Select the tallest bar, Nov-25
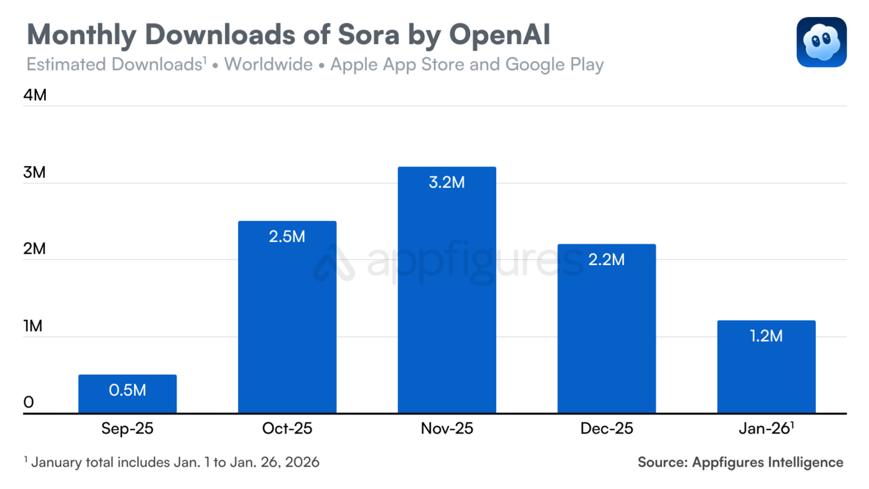click(x=447, y=290)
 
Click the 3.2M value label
click(x=447, y=182)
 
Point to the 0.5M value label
click(x=127, y=390)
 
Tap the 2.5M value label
click(x=287, y=237)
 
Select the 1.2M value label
click(x=766, y=336)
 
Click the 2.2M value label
click(x=606, y=260)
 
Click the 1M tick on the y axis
click(x=34, y=327)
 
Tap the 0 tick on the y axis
click(x=28, y=403)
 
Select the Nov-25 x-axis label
click(x=447, y=429)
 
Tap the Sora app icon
click(x=821, y=42)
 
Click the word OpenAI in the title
click(x=500, y=36)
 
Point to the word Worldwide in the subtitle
click(x=269, y=65)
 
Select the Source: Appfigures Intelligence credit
click(x=740, y=462)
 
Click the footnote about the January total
click(x=172, y=462)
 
